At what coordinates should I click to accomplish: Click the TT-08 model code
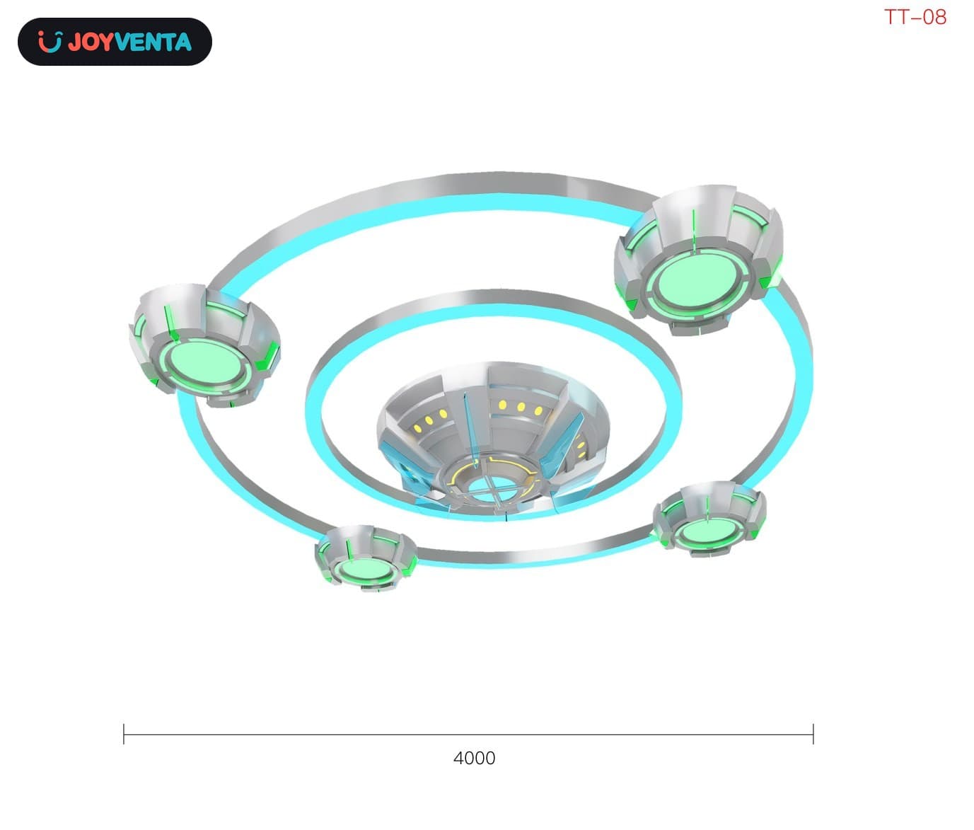point(915,18)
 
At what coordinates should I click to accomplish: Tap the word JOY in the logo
point(91,42)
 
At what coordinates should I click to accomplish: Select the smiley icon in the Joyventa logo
point(50,42)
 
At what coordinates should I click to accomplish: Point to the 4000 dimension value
point(474,758)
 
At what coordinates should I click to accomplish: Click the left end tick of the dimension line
point(124,734)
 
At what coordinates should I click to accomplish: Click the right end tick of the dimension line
point(813,734)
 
